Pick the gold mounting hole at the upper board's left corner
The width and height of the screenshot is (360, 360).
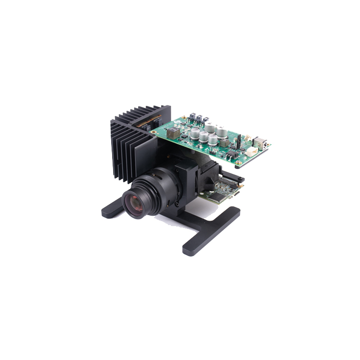(154, 132)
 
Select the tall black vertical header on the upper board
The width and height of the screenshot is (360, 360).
(238, 142)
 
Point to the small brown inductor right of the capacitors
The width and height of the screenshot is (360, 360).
(225, 142)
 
